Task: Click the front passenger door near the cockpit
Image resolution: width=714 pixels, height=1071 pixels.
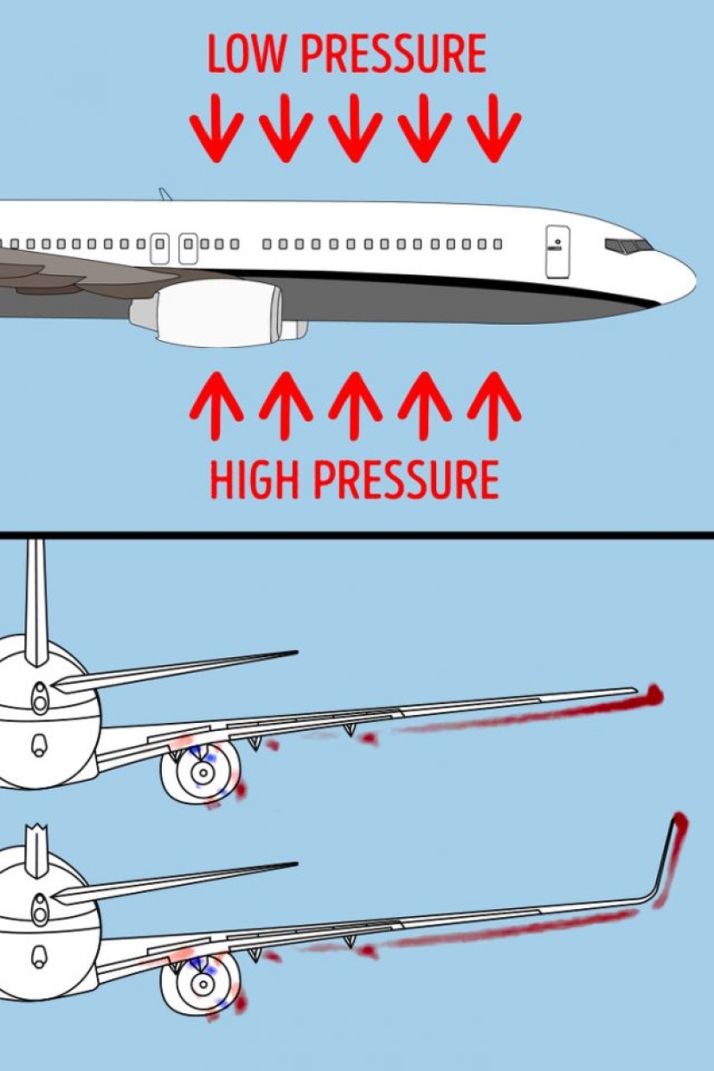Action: coord(558,251)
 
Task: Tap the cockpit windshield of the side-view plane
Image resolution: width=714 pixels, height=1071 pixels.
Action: coord(629,246)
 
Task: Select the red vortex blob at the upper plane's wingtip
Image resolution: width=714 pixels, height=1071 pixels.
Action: coord(653,694)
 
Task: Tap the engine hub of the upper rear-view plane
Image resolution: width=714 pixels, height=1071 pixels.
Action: coord(202,771)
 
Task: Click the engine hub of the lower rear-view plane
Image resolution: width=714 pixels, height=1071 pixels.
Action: coord(203,983)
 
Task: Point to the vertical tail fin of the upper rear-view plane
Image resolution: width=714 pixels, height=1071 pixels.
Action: coord(36,597)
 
